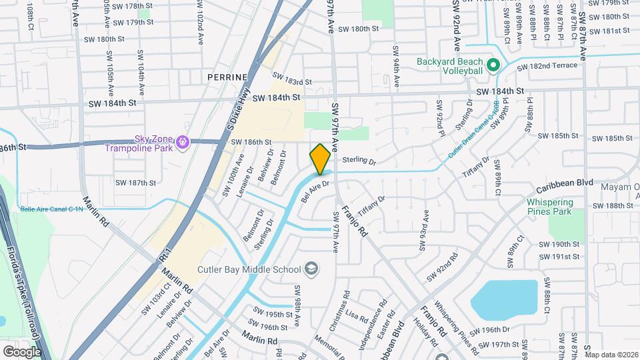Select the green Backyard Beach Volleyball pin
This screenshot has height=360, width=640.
point(493,65)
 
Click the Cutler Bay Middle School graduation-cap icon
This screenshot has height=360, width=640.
point(311,269)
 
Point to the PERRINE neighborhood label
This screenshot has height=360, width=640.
point(227,77)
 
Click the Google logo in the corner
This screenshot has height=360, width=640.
point(22,351)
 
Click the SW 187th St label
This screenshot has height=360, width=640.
point(135,183)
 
